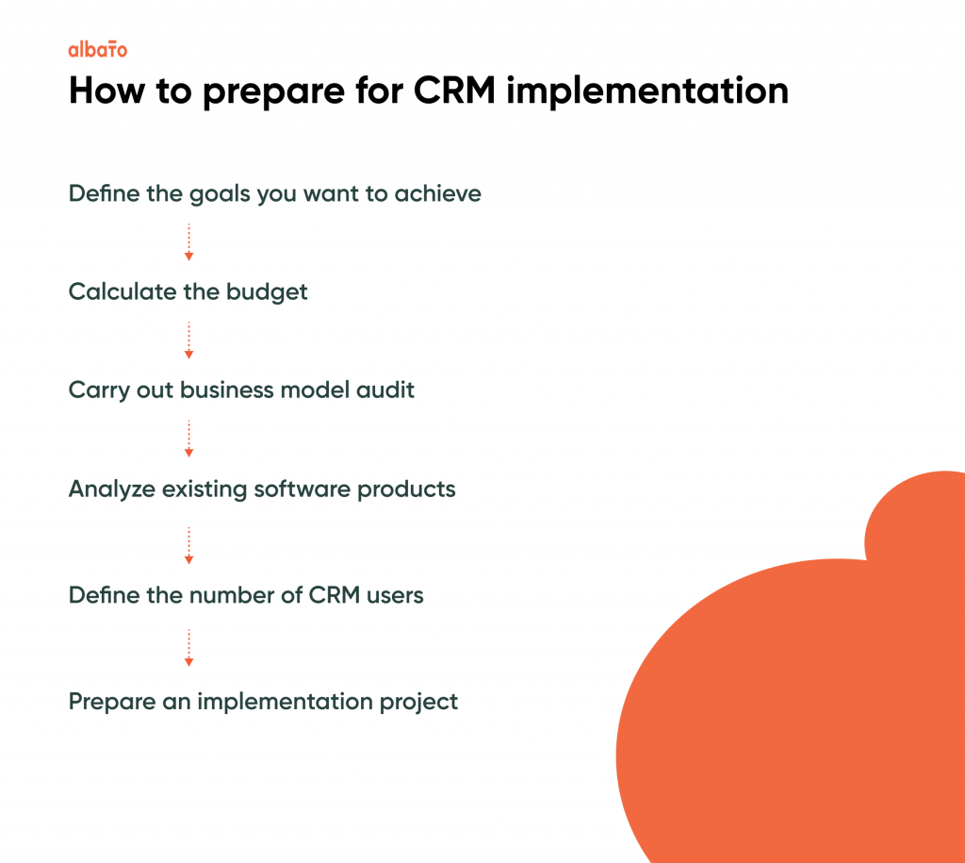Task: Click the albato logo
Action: tap(98, 49)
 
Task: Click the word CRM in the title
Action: tap(454, 91)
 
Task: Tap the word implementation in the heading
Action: tap(647, 91)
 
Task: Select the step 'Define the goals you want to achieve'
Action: tap(274, 194)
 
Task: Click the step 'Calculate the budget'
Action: tap(188, 292)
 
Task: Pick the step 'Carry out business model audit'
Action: tap(241, 390)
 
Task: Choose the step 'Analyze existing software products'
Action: tap(262, 490)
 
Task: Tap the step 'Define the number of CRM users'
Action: tap(246, 595)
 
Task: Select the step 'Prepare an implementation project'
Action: tap(264, 702)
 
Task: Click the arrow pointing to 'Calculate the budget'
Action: tap(188, 242)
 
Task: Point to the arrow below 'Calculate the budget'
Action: tap(188, 340)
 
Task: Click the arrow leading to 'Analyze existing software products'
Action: tap(188, 439)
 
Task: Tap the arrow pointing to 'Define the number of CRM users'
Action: tap(188, 546)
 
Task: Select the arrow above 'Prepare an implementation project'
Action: tap(188, 648)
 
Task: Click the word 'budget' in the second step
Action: tap(267, 292)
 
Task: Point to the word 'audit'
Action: tap(385, 390)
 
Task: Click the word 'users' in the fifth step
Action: tap(395, 596)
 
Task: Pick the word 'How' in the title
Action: tap(107, 91)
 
